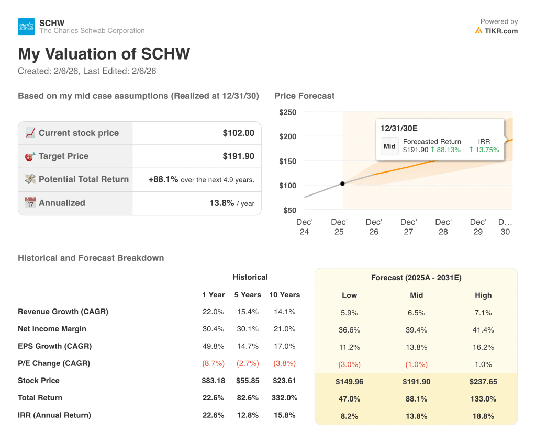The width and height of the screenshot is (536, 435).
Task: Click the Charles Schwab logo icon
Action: (x=26, y=27)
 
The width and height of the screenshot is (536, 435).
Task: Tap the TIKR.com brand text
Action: (x=500, y=31)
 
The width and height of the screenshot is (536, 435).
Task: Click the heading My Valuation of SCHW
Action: (x=104, y=54)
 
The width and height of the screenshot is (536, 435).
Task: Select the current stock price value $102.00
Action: (x=238, y=133)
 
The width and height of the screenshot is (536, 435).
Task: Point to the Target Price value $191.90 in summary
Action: (x=238, y=156)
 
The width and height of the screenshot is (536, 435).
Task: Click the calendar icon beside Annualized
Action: (x=30, y=203)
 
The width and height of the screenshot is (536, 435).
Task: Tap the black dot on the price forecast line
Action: (x=342, y=184)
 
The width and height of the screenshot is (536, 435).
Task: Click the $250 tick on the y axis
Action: (x=287, y=112)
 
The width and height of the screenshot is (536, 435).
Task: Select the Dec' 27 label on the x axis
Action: (x=409, y=226)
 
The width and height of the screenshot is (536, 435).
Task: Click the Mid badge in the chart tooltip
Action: (x=389, y=146)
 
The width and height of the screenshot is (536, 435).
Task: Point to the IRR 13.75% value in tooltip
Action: (x=484, y=150)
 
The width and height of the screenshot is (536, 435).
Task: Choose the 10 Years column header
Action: (x=284, y=295)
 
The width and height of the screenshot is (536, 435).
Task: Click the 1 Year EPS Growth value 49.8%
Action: (x=213, y=346)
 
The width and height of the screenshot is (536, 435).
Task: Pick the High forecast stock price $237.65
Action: (x=483, y=382)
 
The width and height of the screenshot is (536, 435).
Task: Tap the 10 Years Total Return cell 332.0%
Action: (x=284, y=398)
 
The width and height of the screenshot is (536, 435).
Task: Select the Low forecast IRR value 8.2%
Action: (x=349, y=416)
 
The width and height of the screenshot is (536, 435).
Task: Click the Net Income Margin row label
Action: (x=52, y=329)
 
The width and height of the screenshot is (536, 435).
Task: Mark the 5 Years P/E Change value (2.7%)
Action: (x=247, y=363)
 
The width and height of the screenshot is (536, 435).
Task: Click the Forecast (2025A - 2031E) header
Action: (x=416, y=278)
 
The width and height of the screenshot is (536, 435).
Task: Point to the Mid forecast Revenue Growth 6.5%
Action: (x=416, y=313)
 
